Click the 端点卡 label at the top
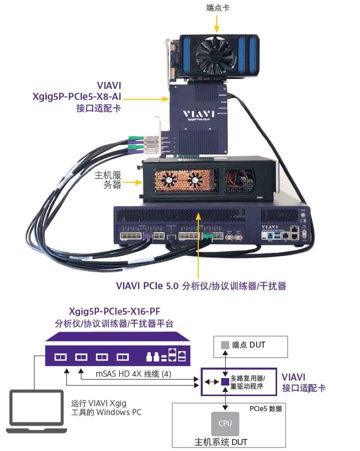[218, 8]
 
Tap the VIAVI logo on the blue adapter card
[198, 112]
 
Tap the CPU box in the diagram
[225, 424]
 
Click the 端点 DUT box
[251, 346]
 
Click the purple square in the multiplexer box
[225, 383]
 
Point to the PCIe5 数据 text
[266, 409]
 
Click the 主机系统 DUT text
[221, 442]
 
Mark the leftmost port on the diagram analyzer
[60, 357]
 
